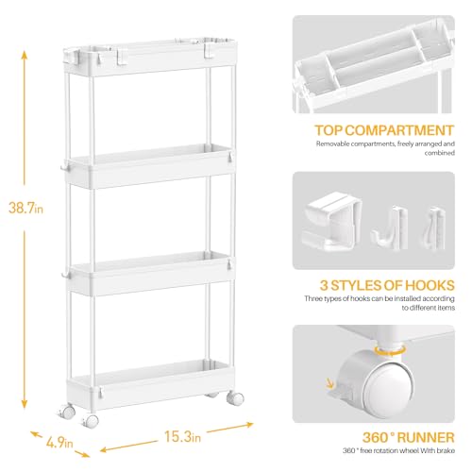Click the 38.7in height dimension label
[25, 208]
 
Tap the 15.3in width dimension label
[182, 436]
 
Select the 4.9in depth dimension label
[59, 443]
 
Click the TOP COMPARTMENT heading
[384, 130]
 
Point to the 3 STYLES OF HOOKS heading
[387, 285]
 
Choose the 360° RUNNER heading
[409, 437]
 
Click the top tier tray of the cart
[149, 58]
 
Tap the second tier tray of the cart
[150, 166]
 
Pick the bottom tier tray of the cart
[151, 384]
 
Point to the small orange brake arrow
[330, 383]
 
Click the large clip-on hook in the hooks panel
[331, 222]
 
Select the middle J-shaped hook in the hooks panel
[389, 228]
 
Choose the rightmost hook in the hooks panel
[432, 228]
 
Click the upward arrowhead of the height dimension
[25, 55]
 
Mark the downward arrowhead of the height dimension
[25, 405]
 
